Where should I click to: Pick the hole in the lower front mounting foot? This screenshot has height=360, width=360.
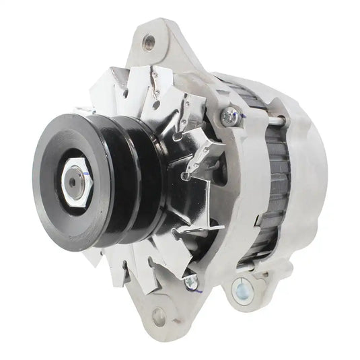pyautogui.click(x=159, y=314)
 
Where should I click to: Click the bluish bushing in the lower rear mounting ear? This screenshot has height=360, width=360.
pyautogui.click(x=242, y=291)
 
